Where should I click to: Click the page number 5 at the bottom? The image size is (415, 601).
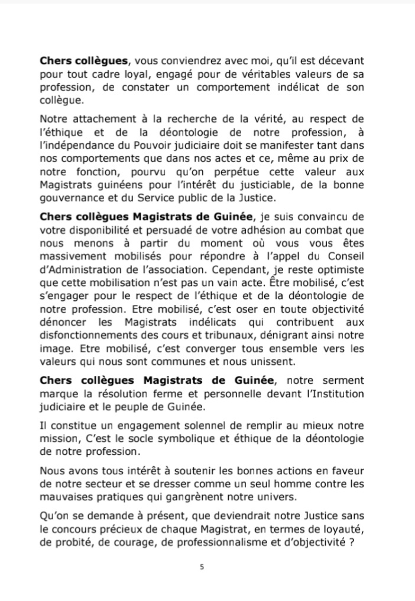point(202,567)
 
